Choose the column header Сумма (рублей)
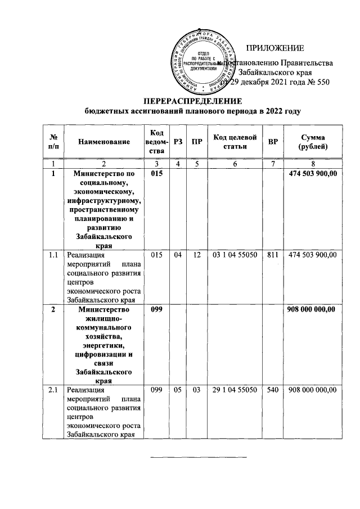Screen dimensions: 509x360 (x=312, y=143)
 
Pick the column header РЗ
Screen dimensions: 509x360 (x=178, y=143)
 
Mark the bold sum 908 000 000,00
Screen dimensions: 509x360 (x=312, y=309)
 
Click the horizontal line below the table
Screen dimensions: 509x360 (x=199, y=457)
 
